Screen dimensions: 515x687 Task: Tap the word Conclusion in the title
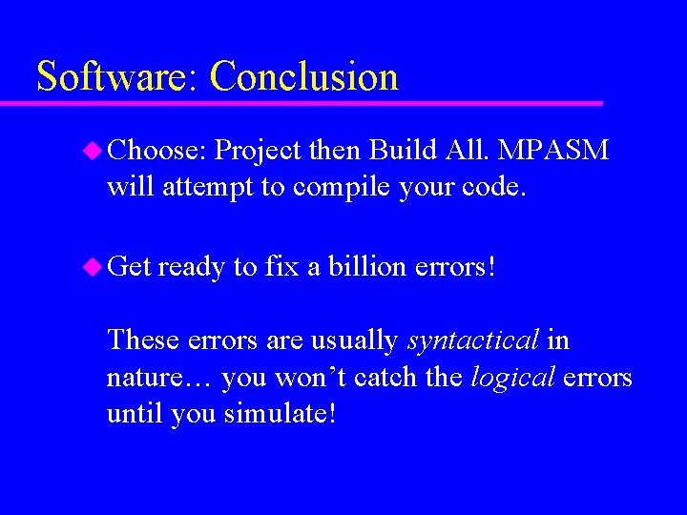(x=303, y=76)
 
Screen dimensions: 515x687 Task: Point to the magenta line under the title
(x=315, y=102)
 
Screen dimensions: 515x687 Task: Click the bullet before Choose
(x=94, y=150)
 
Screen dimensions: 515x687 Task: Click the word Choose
(x=157, y=151)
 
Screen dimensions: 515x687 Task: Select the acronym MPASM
(x=553, y=151)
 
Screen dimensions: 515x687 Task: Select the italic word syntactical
(x=473, y=340)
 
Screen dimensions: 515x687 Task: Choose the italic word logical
(x=512, y=378)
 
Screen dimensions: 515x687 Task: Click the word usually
(x=350, y=340)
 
